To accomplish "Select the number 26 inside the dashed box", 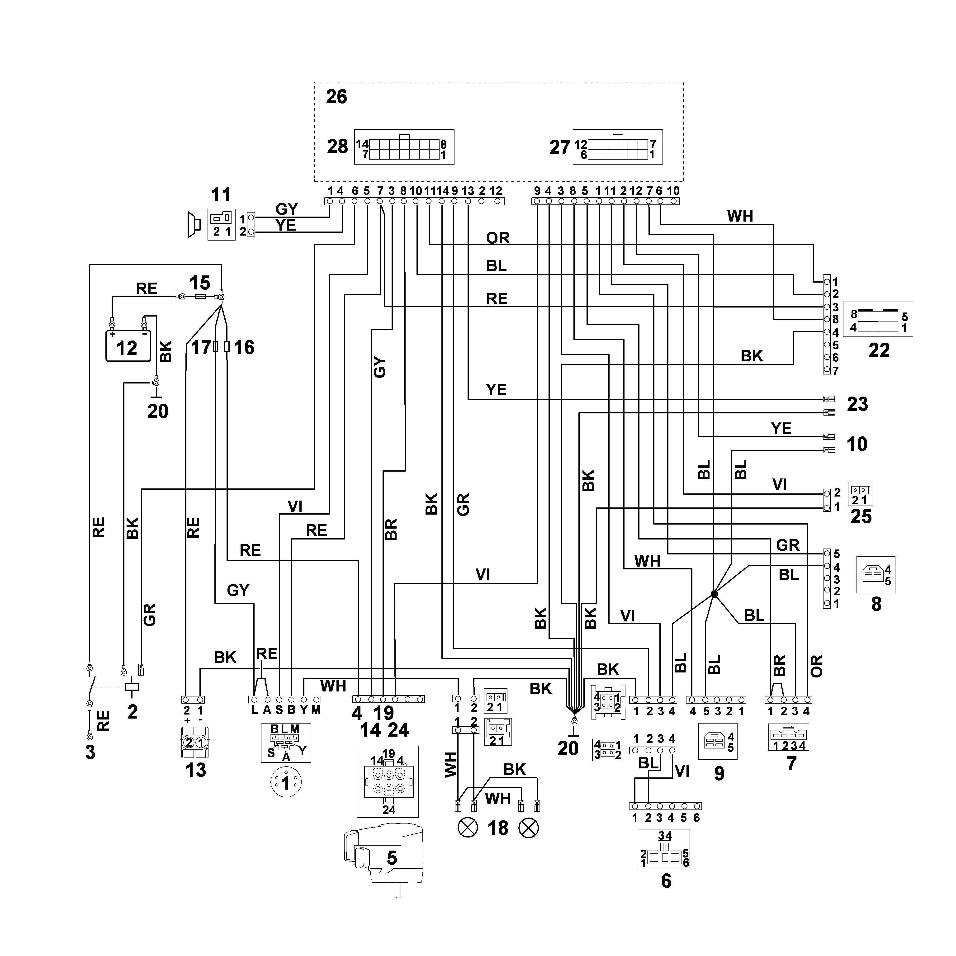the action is pyautogui.click(x=336, y=97).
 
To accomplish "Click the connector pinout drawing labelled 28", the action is pyautogui.click(x=404, y=147).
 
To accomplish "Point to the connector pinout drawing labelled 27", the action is pyautogui.click(x=618, y=147).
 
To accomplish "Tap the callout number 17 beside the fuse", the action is pyautogui.click(x=201, y=348).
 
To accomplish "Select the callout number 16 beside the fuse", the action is pyautogui.click(x=244, y=348).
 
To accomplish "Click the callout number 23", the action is pyautogui.click(x=857, y=404).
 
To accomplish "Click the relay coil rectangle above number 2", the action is pyautogui.click(x=132, y=687).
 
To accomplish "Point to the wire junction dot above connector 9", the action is pyautogui.click(x=714, y=593).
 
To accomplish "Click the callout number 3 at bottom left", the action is pyautogui.click(x=90, y=752).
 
